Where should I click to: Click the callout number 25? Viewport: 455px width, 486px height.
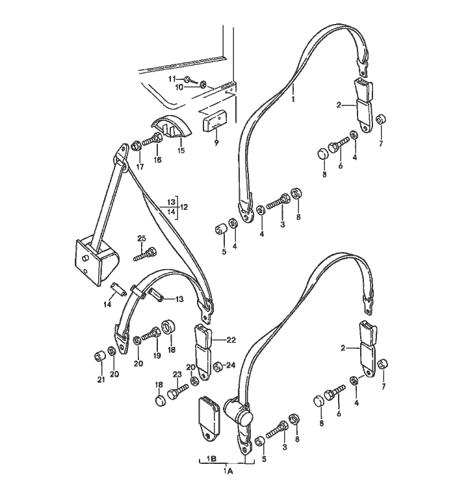[x=142, y=238]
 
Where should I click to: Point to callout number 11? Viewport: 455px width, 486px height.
[x=172, y=79]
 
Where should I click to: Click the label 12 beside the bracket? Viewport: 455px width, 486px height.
[x=184, y=207]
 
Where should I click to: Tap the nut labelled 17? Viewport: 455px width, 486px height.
[x=136, y=146]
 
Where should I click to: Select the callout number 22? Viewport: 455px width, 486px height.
[x=231, y=340]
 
